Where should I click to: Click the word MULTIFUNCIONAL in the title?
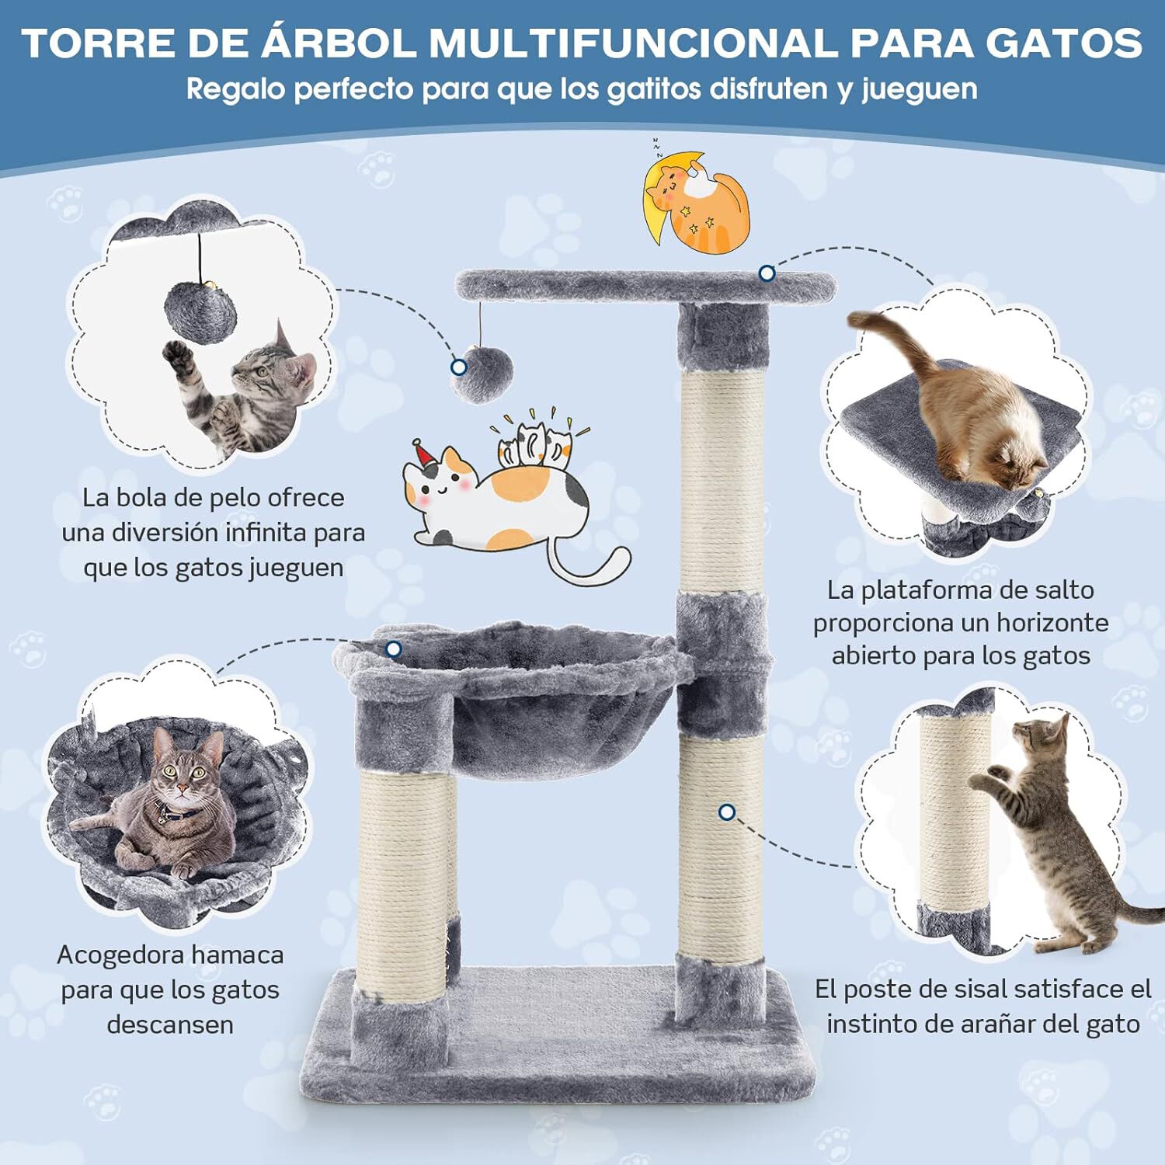(x=633, y=43)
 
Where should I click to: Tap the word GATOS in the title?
(x=1063, y=43)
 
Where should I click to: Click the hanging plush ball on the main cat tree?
(x=482, y=375)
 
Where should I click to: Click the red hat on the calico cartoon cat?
(x=424, y=454)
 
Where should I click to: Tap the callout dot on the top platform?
(x=767, y=273)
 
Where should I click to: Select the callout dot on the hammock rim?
(x=394, y=649)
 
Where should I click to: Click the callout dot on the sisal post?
(x=727, y=812)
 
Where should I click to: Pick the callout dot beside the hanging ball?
(x=459, y=367)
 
